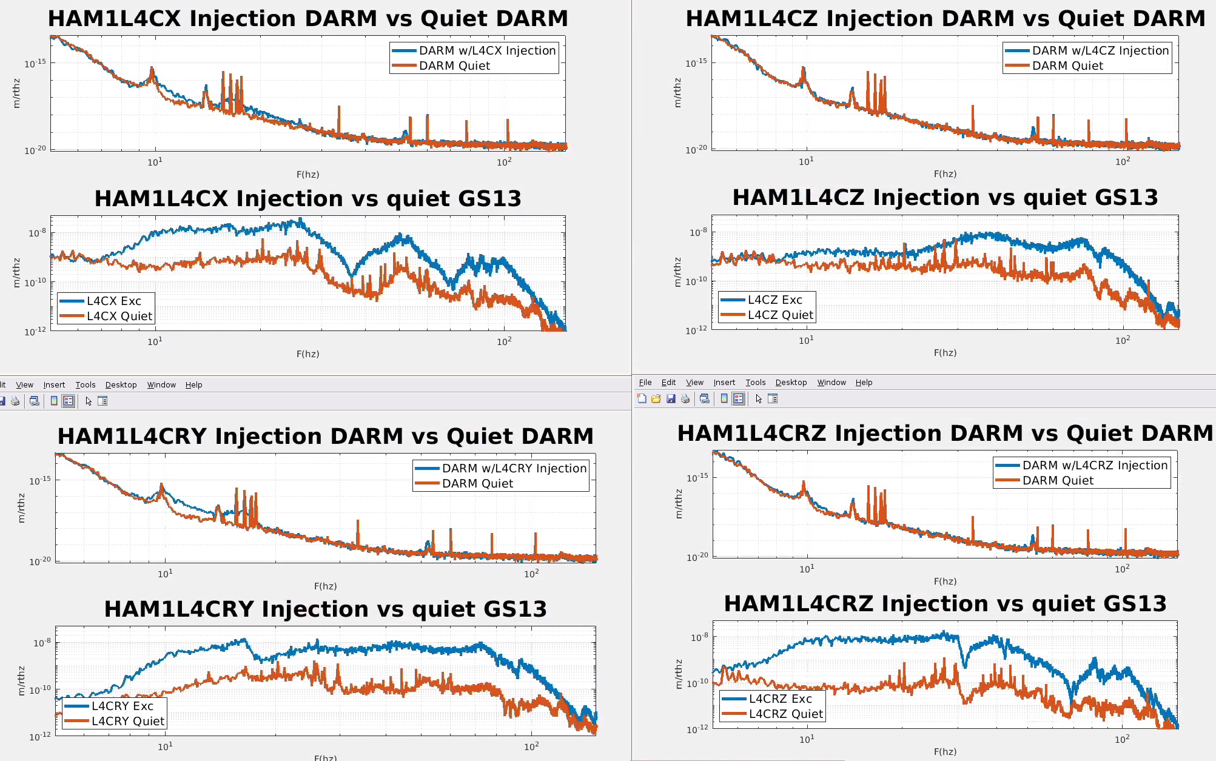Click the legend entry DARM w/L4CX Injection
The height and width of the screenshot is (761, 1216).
pos(487,50)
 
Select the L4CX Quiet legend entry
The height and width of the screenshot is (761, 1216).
pos(119,316)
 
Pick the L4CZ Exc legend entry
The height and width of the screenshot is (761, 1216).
pos(774,300)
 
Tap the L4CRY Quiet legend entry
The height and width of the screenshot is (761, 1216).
pos(127,721)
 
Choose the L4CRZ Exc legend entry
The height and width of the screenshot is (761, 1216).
pos(780,699)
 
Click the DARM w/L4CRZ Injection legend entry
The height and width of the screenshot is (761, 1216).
pos(1095,465)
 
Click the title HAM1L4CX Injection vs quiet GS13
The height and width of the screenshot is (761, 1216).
pos(307,198)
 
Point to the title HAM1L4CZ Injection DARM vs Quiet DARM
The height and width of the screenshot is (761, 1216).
pos(945,18)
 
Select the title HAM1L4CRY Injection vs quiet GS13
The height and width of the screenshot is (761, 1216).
pos(325,609)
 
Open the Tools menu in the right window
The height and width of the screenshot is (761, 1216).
pos(755,383)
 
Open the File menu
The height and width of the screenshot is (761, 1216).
pos(645,383)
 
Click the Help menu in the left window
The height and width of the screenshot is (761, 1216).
pos(193,385)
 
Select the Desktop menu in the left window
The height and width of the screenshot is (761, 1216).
pos(121,385)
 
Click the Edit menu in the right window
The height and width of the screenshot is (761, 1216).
pos(668,383)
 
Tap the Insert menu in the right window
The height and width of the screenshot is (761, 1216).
pos(724,383)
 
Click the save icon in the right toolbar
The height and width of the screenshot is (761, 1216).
pos(671,398)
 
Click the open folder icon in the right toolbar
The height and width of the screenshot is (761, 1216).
pos(656,398)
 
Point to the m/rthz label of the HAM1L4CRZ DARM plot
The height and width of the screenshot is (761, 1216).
pos(679,505)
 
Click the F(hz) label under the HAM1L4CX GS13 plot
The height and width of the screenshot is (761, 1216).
pos(307,354)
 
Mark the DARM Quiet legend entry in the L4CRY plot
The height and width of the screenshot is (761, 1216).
pos(477,483)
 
